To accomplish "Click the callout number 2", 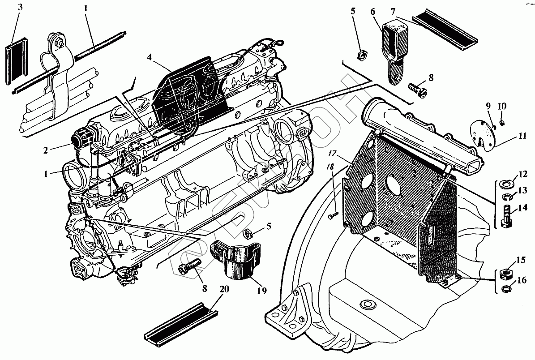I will click(46, 150).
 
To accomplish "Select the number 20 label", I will click(224, 289).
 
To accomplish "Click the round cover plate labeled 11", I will click(481, 134).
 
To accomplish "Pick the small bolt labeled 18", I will click(331, 217).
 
